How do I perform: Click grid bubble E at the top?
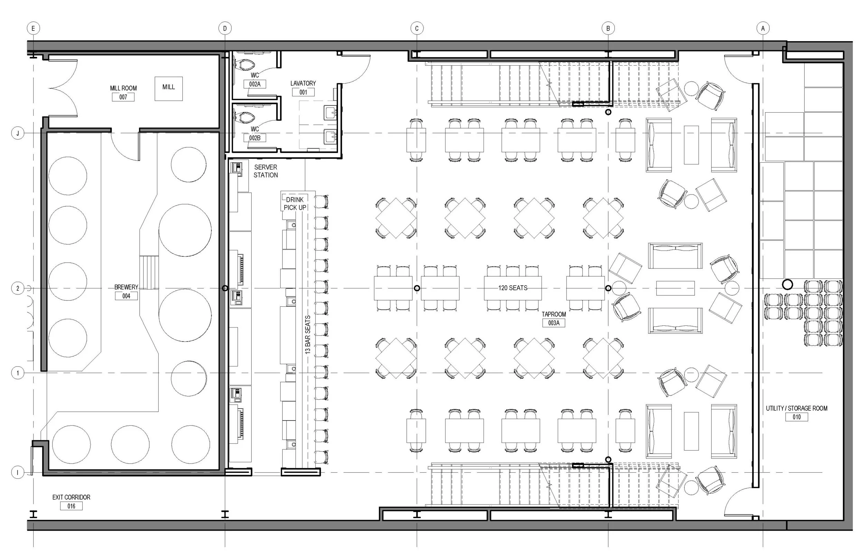click(34, 28)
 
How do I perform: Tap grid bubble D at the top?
click(225, 28)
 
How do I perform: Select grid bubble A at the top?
click(763, 28)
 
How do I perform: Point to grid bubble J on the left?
click(18, 133)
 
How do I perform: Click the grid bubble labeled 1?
click(18, 373)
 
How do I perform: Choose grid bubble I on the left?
click(18, 473)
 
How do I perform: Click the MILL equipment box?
click(168, 88)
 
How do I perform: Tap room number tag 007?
click(123, 97)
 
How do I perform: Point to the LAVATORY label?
click(303, 84)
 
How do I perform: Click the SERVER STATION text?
click(266, 171)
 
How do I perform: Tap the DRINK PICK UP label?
click(295, 203)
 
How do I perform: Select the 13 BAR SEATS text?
click(308, 335)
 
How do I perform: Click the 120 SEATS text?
click(513, 288)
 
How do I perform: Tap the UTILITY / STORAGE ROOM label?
click(797, 408)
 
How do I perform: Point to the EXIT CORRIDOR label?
click(71, 497)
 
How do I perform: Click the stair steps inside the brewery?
click(149, 272)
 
